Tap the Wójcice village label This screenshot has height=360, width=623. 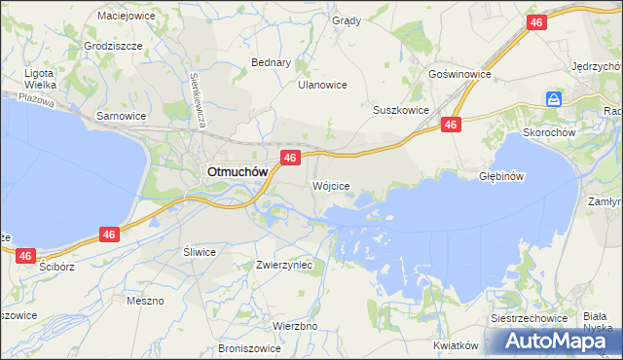click(330, 185)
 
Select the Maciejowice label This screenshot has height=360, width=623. click(127, 16)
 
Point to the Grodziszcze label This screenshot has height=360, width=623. click(113, 46)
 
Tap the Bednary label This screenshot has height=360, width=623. click(272, 62)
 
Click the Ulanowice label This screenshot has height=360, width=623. click(322, 85)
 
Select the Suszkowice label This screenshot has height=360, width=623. click(401, 110)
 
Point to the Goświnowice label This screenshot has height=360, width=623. click(458, 74)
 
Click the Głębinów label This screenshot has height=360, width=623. click(502, 176)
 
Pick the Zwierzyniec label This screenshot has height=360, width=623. click(283, 264)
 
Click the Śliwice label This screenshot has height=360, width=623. click(199, 251)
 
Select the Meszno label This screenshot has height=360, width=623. click(145, 301)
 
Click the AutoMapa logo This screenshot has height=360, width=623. click(560, 341)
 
